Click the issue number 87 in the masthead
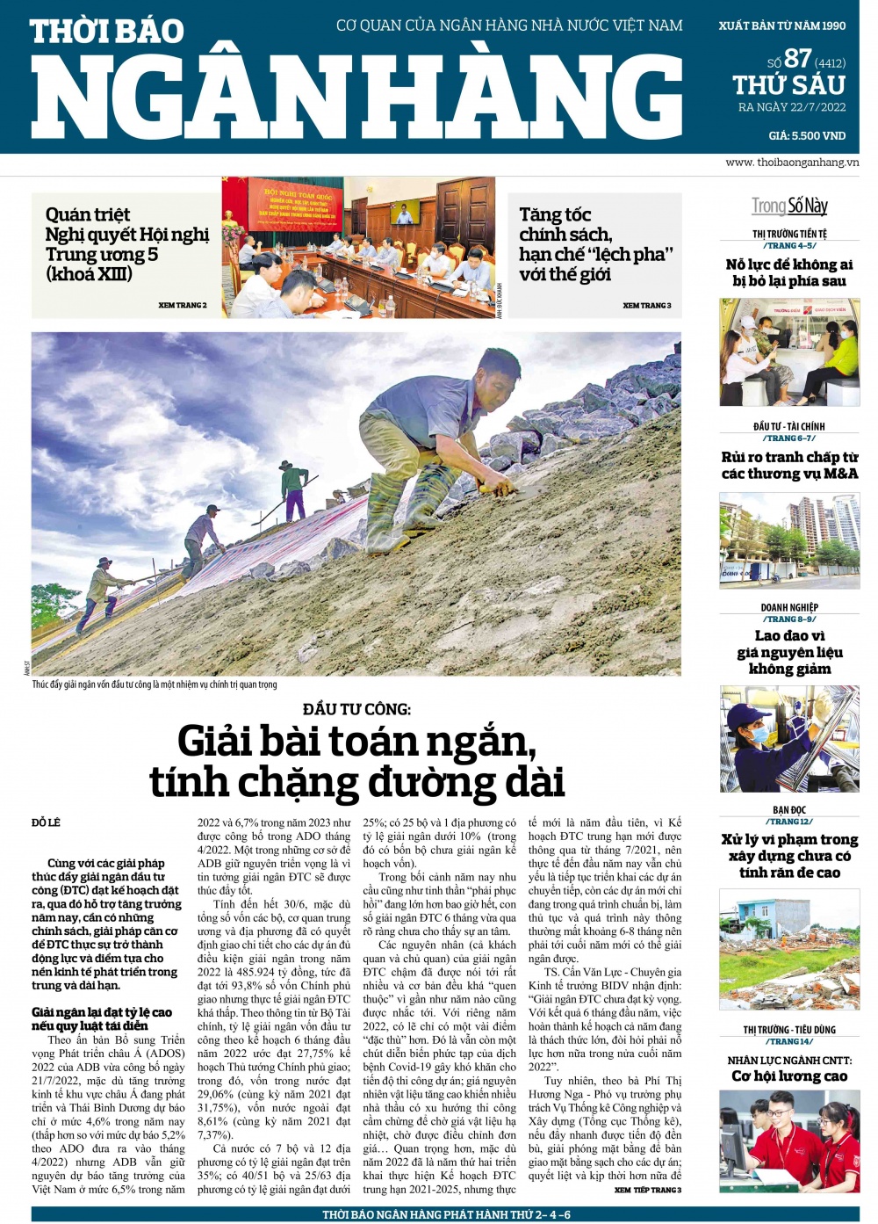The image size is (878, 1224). (797, 58)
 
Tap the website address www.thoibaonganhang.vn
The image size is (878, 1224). (792, 163)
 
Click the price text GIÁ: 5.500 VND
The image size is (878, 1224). (806, 135)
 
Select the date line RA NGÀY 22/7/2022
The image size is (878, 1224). (791, 107)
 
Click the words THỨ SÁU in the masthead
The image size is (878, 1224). (788, 85)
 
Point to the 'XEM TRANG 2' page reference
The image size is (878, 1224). (183, 305)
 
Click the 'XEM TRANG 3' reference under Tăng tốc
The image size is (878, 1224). (646, 305)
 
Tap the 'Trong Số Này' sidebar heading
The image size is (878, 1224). (789, 206)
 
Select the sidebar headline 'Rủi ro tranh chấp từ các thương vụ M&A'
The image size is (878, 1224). (789, 465)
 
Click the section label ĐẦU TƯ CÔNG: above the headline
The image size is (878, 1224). (356, 708)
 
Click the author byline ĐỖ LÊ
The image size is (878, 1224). (47, 822)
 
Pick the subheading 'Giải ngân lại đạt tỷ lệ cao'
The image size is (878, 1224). (102, 1012)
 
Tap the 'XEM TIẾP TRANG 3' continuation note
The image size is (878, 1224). (647, 1190)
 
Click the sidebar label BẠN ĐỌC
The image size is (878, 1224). (789, 810)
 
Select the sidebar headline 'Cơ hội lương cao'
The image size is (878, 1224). (789, 1076)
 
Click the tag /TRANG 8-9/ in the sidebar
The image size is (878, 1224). (789, 619)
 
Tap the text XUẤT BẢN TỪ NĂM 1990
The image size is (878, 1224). (781, 25)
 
